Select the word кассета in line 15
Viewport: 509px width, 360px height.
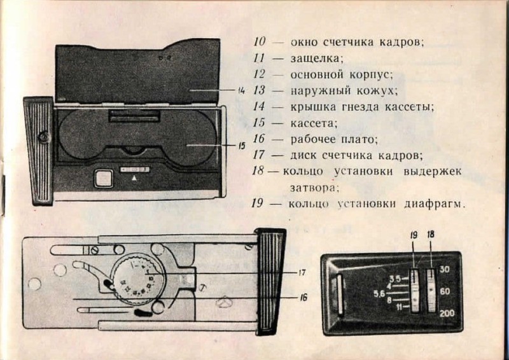pyautogui.click(x=314, y=123)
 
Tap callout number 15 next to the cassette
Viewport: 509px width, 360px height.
pyautogui.click(x=242, y=146)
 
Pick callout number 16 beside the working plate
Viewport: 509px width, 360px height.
pyautogui.click(x=303, y=296)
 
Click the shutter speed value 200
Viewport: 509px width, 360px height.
pyautogui.click(x=447, y=314)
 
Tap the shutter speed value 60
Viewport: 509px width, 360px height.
pyautogui.click(x=445, y=291)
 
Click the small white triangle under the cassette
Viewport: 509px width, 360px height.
pyautogui.click(x=134, y=180)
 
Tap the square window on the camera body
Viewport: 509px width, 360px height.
pyautogui.click(x=102, y=178)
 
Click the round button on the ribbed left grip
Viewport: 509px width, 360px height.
pyautogui.click(x=44, y=136)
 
